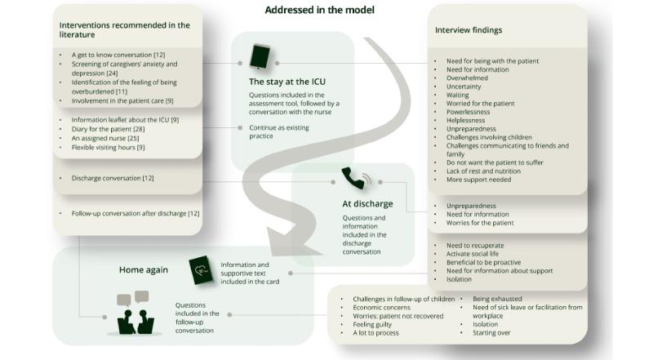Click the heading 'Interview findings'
pos(469,30)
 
